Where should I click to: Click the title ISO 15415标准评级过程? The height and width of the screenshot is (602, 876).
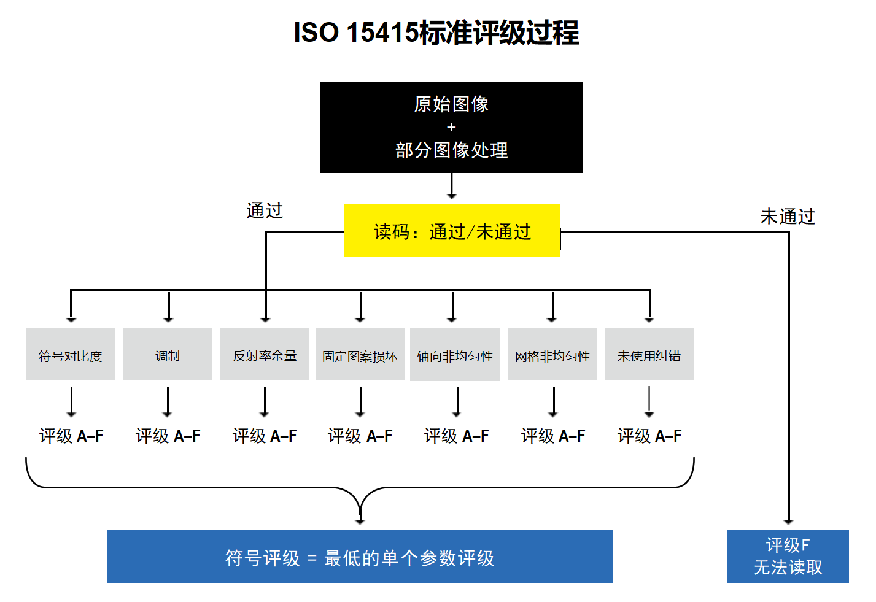[436, 33]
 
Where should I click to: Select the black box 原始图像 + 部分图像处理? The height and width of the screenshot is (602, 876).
[452, 127]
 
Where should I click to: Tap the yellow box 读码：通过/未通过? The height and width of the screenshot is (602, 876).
[452, 230]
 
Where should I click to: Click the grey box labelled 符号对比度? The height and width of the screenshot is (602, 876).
[71, 354]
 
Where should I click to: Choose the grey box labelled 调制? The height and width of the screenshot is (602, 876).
[168, 354]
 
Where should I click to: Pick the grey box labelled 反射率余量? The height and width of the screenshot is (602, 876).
[265, 354]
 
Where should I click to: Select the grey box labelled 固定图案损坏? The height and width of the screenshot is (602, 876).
[360, 354]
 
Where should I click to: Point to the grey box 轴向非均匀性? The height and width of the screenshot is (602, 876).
[455, 354]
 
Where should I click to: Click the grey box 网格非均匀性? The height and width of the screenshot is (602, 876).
[552, 354]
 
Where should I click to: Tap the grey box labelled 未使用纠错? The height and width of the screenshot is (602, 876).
[649, 354]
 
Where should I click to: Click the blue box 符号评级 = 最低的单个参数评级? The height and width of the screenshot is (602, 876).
[360, 556]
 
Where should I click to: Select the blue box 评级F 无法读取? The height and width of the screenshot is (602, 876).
[788, 556]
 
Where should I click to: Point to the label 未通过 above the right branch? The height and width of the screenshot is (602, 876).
[788, 216]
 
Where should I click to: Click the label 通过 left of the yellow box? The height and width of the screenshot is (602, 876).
[265, 210]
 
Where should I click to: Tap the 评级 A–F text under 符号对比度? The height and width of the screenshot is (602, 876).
[71, 436]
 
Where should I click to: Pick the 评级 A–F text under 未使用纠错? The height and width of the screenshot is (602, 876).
[649, 436]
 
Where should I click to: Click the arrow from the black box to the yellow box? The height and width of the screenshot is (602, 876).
[452, 186]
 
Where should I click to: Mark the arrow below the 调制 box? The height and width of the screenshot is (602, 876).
[168, 402]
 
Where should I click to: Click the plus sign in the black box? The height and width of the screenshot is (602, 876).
[451, 128]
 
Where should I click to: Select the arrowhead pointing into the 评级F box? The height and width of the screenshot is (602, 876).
[788, 522]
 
